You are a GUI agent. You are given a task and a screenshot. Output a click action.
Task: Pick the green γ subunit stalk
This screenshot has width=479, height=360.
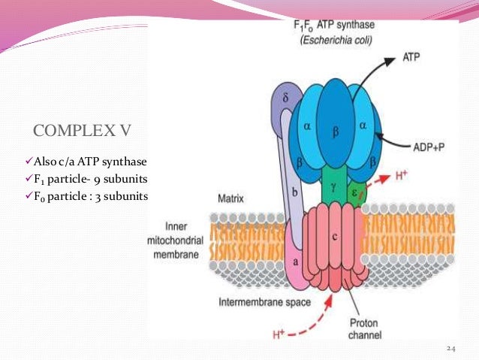click(x=333, y=185)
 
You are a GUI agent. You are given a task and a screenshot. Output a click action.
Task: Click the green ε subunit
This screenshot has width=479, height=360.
click(x=356, y=191)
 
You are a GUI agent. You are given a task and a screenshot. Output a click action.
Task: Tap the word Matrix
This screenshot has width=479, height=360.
click(x=231, y=201)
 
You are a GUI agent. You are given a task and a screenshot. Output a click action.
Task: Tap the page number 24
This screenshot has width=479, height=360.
click(x=450, y=348)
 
